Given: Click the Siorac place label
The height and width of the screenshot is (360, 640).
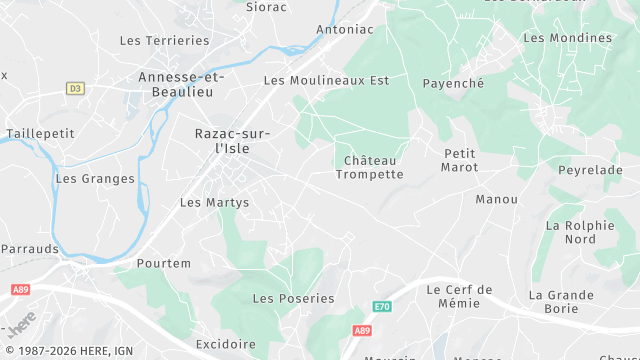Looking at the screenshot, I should pos(266,7).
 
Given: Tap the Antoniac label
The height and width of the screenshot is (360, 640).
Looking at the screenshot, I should pos(344,30).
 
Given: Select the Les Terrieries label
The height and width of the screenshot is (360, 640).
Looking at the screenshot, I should pos(164,41).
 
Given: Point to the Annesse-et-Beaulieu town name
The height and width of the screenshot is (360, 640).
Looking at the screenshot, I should pos(181,84).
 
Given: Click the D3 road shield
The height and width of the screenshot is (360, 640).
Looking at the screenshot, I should pos(75,89).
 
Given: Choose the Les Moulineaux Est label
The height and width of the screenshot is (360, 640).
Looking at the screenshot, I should pos(326,80).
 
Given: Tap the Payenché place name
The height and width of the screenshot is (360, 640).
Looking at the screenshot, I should pos(453,84).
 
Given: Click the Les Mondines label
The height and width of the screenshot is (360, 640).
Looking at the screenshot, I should pos(567,38).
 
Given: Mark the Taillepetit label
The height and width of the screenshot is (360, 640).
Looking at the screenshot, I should pos(41,133).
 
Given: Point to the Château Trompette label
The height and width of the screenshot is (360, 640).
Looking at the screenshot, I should pos(369,167).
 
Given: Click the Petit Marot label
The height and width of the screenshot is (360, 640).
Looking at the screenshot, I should pos(459,160).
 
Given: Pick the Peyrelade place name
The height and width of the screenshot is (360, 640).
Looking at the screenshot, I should pos(590,171).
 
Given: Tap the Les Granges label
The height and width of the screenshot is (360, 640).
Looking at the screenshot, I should pos(95,179).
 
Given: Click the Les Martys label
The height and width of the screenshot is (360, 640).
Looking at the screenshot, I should pos(214,203).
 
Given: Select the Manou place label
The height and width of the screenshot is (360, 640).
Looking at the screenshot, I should pos(497,200).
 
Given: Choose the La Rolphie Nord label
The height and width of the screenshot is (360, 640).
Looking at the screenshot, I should pos(580,232).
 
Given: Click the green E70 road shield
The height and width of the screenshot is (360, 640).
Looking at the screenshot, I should pos(382,306).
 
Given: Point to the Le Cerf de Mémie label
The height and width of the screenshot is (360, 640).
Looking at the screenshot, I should pos(459,296).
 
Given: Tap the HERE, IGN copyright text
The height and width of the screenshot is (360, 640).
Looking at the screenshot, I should pos(67,351).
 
